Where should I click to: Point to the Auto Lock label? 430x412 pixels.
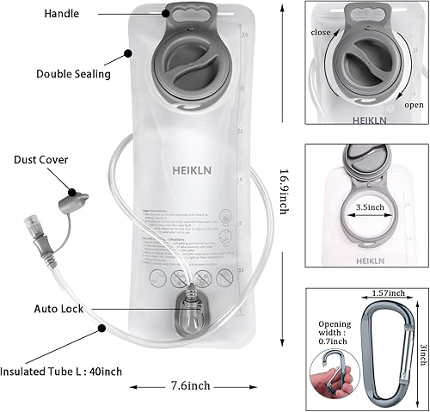click(x=58, y=307)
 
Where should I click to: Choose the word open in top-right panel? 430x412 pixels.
click(x=414, y=105)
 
